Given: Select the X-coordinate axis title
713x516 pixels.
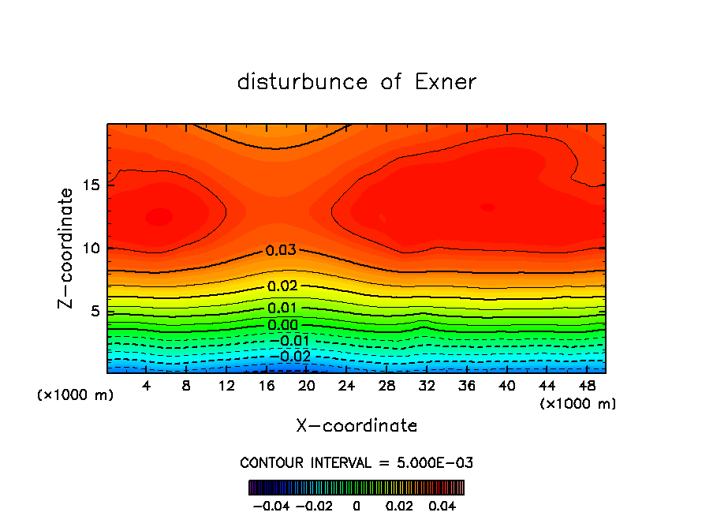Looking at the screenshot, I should pyautogui.click(x=356, y=426).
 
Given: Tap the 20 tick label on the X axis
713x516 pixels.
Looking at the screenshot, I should pyautogui.click(x=306, y=386).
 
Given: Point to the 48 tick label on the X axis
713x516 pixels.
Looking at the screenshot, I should pyautogui.click(x=586, y=386).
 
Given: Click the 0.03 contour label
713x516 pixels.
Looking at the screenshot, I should pyautogui.click(x=281, y=251).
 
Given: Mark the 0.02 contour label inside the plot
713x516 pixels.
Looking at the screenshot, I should pyautogui.click(x=282, y=286).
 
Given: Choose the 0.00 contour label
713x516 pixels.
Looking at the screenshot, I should pyautogui.click(x=282, y=325).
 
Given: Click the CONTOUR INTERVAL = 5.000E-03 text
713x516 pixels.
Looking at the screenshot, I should pyautogui.click(x=356, y=462).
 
